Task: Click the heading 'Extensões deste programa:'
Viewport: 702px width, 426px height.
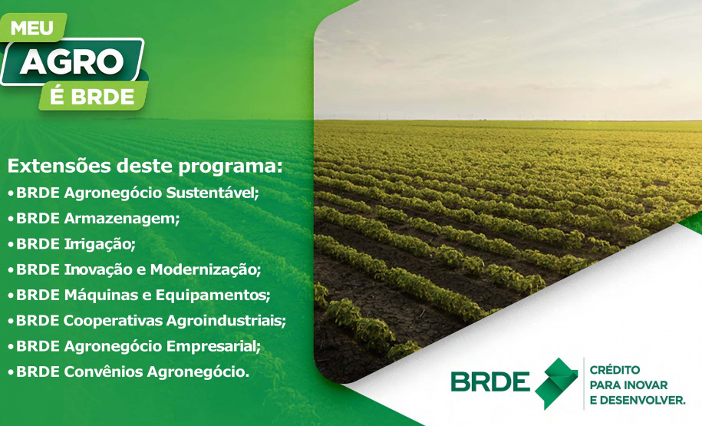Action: coord(145,166)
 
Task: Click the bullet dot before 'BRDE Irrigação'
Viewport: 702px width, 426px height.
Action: coord(10,245)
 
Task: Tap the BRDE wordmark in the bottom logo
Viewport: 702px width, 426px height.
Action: coord(490,382)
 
